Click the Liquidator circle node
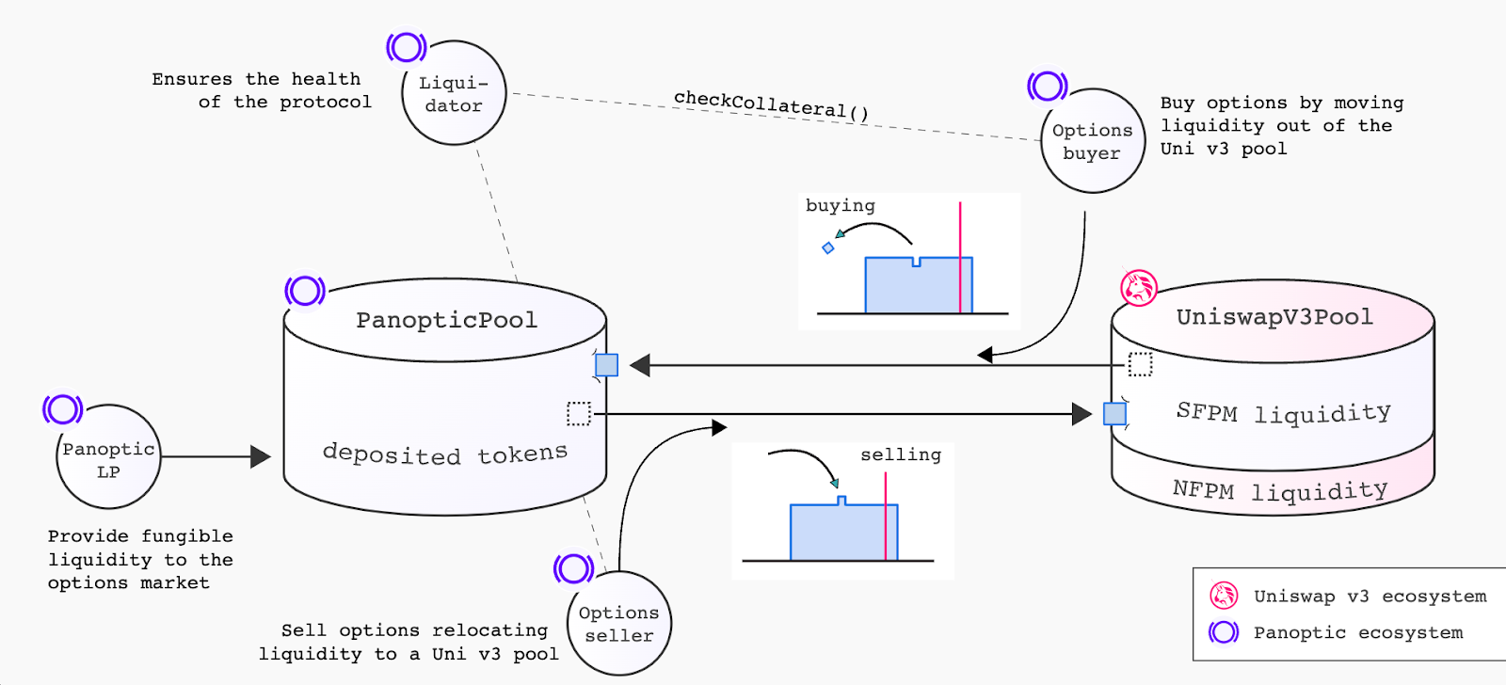[454, 93]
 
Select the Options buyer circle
[1093, 141]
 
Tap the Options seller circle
[618, 624]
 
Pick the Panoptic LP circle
[108, 458]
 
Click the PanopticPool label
[446, 320]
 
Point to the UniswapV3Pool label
[1274, 317]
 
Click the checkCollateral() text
[771, 104]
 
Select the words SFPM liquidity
[1283, 412]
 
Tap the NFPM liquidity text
[1280, 490]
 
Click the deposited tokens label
[444, 454]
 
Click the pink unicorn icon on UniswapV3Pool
[1139, 288]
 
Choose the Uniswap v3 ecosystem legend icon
[1224, 596]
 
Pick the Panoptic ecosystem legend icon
[1224, 632]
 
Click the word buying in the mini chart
[840, 205]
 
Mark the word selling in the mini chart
[900, 454]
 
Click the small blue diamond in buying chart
[828, 248]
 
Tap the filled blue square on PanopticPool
[607, 365]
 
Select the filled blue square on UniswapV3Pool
[1114, 413]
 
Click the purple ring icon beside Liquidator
[407, 46]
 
